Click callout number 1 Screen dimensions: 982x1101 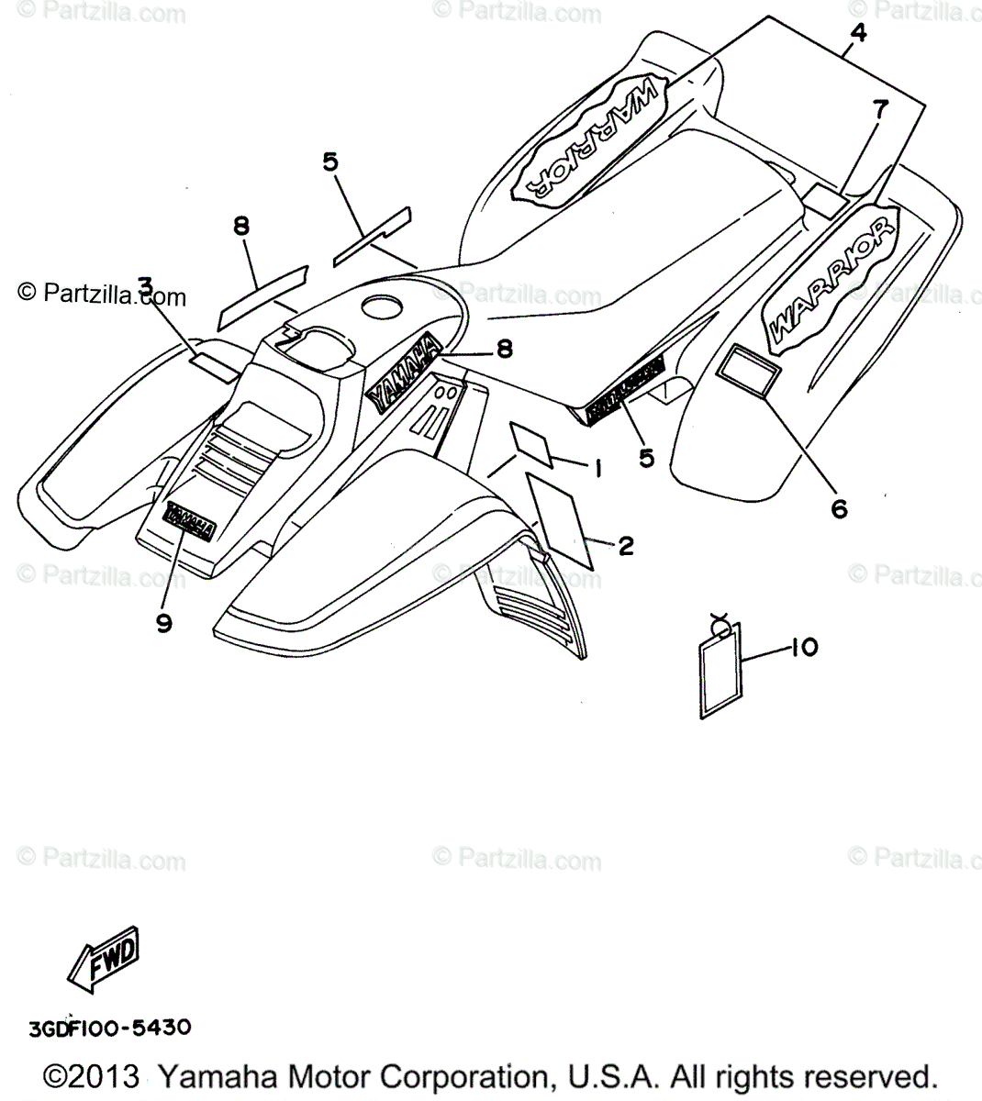(596, 470)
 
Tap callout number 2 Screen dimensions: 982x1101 (626, 547)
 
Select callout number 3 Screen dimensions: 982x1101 (145, 287)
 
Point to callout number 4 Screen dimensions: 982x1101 (857, 32)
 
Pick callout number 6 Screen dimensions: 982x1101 (839, 507)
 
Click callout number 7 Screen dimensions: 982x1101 (880, 109)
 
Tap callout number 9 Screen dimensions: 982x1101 (164, 624)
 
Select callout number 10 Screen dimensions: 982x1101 (803, 648)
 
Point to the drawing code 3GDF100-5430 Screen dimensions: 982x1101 (109, 1027)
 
